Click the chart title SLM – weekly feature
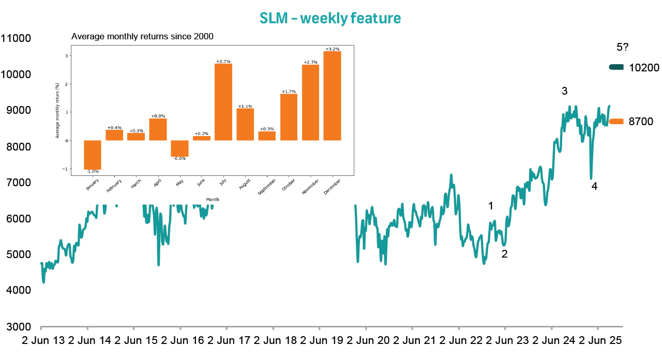pyautogui.click(x=330, y=18)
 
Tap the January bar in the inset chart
pyautogui.click(x=93, y=155)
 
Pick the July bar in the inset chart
pyautogui.click(x=223, y=102)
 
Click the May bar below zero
pyautogui.click(x=179, y=148)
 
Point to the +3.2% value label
pyautogui.click(x=332, y=49)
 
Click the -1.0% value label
pyautogui.click(x=93, y=171)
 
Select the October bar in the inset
pyautogui.click(x=289, y=117)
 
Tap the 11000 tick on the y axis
pyautogui.click(x=16, y=38)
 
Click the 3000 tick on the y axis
pyautogui.click(x=16, y=327)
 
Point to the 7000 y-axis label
pyautogui.click(x=16, y=183)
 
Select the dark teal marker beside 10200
pyautogui.click(x=617, y=67)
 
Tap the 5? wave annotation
pyautogui.click(x=622, y=48)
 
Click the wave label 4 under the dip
pyautogui.click(x=594, y=187)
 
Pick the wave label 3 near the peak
pyautogui.click(x=565, y=92)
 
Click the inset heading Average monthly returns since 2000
pyautogui.click(x=142, y=37)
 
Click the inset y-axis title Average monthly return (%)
pyautogui.click(x=57, y=111)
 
